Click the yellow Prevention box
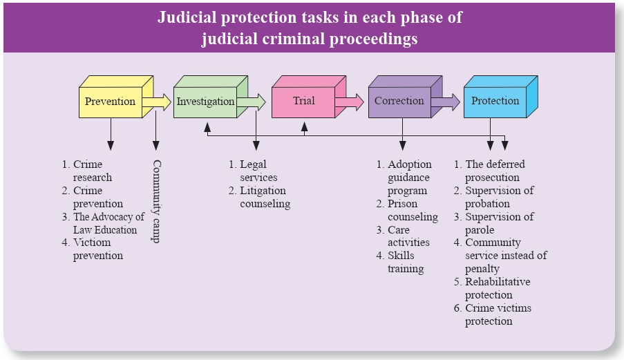click(x=110, y=102)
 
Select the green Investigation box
click(x=205, y=102)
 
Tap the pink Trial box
click(x=303, y=102)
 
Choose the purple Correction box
click(x=399, y=102)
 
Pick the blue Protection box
click(x=495, y=102)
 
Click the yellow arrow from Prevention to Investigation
click(x=158, y=102)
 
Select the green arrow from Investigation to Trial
click(x=253, y=102)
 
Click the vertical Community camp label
click(x=156, y=200)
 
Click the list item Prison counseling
click(x=410, y=210)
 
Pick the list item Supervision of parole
click(x=498, y=223)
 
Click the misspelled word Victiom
click(x=92, y=243)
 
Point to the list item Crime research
click(x=90, y=171)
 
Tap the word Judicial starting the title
click(x=190, y=17)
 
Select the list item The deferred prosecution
click(x=493, y=171)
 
